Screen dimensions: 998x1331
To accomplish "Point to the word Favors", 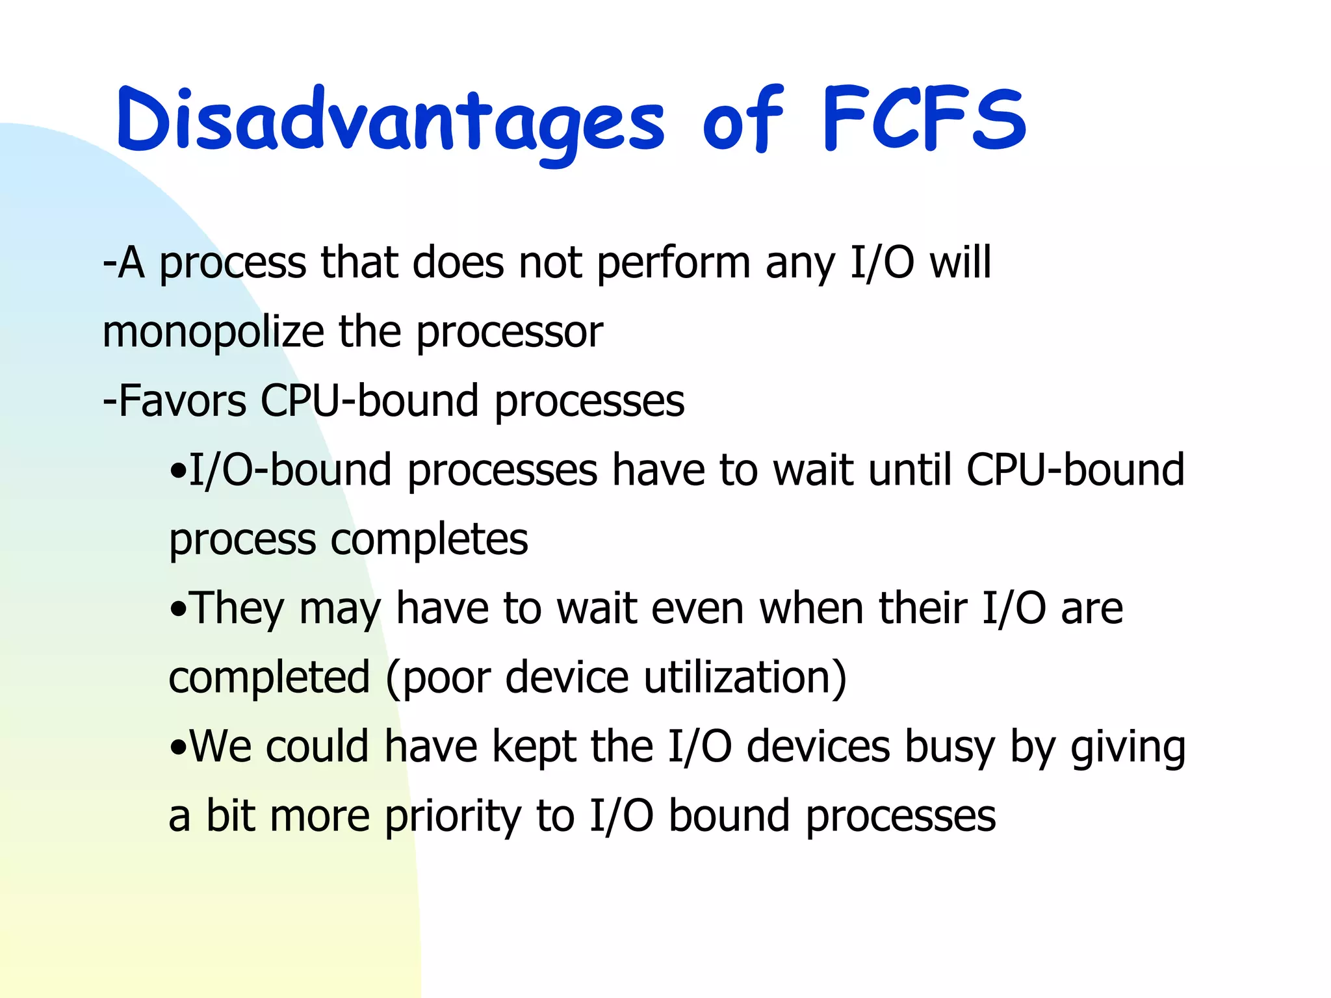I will coord(182,400).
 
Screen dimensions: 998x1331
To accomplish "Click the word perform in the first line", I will coord(673,263).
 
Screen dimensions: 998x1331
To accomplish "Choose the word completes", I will coord(429,539).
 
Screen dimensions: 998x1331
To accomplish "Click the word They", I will coord(237,609).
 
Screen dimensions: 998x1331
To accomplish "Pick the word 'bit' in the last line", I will coord(231,816).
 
